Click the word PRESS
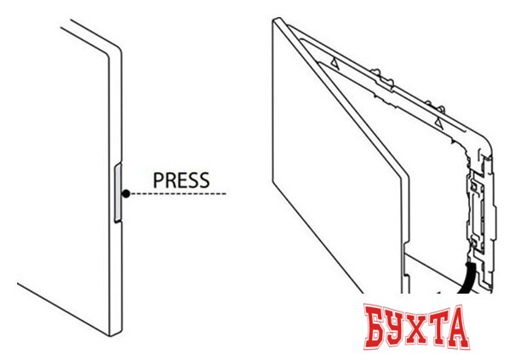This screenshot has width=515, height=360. [x=181, y=180]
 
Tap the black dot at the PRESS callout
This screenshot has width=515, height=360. [x=126, y=194]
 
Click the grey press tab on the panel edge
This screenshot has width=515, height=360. [x=117, y=193]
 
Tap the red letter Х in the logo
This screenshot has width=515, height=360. [x=423, y=328]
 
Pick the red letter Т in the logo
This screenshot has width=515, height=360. [x=443, y=326]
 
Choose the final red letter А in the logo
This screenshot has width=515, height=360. [x=458, y=327]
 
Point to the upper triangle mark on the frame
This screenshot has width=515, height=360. [x=335, y=63]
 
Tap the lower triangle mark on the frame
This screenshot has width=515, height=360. [x=439, y=123]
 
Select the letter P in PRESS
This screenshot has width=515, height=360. [x=158, y=180]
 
